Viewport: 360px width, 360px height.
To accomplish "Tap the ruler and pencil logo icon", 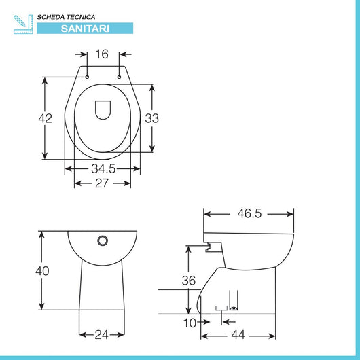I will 23,22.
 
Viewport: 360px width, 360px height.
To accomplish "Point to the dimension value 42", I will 44,118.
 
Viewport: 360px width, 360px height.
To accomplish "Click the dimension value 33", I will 152,118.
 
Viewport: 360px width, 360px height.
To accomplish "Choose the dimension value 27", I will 103,183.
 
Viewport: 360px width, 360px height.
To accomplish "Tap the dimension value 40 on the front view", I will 42,271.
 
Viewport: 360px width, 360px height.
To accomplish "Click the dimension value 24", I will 102,334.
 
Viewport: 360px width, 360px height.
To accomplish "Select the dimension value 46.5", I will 249,213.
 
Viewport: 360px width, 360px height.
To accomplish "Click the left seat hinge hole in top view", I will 88,77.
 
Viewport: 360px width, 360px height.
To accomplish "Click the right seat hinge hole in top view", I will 119,77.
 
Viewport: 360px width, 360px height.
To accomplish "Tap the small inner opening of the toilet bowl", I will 103,109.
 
